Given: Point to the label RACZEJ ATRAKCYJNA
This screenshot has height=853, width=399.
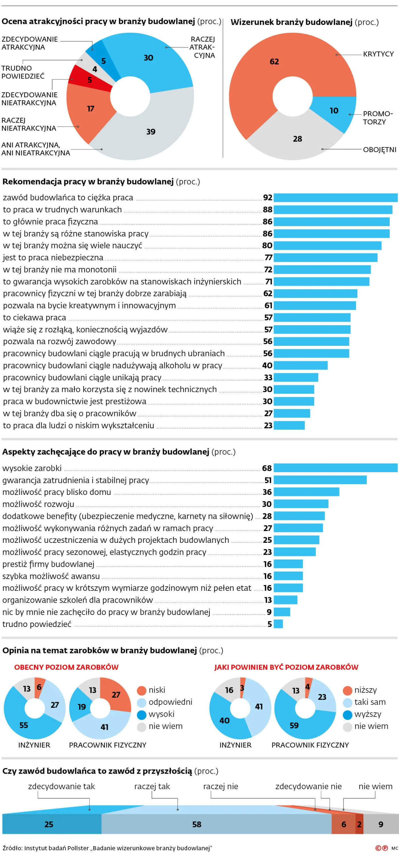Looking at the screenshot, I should (202, 47).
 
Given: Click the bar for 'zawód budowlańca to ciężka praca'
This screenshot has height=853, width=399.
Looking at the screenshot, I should (335, 198).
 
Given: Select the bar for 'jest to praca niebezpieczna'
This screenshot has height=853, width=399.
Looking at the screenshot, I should (325, 258).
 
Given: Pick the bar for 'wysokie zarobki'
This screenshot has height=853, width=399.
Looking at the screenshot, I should (335, 468).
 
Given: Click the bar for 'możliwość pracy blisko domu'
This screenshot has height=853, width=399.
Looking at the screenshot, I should (306, 492).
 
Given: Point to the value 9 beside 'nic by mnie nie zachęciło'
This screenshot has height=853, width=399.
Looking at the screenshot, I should (269, 612).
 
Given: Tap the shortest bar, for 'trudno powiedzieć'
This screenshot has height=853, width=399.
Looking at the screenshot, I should (278, 624).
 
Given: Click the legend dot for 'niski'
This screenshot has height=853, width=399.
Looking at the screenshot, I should (141, 690).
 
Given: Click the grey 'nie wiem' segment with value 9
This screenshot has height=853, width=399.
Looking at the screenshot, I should (381, 824).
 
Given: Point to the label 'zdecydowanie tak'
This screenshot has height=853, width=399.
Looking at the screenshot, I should (61, 787).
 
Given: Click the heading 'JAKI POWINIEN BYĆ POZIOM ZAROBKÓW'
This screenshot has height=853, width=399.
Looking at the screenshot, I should (286, 667).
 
